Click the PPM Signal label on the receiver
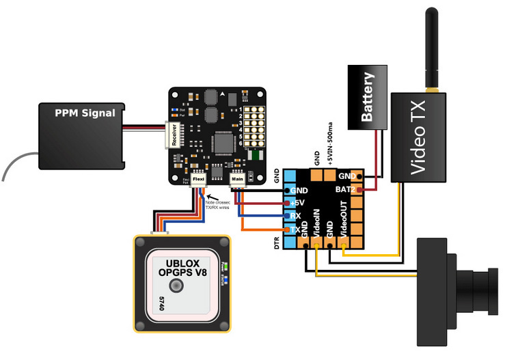tap(85, 112)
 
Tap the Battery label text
tap(367, 97)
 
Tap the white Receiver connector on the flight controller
tap(172, 136)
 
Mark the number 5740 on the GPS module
tap(161, 303)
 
